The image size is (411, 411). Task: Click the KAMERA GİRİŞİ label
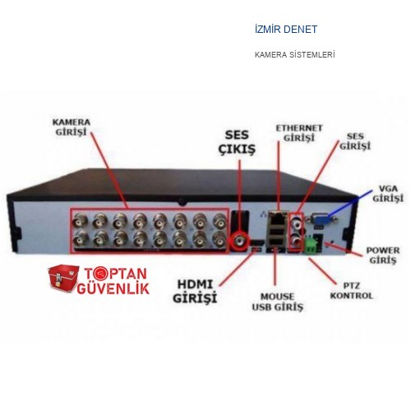[x=72, y=127]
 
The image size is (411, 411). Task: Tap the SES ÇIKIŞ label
[x=237, y=142]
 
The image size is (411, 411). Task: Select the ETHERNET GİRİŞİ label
[x=299, y=133]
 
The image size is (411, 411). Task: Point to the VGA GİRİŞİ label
[x=388, y=194]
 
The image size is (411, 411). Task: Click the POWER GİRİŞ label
[x=383, y=255]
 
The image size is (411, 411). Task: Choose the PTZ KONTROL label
[x=352, y=291]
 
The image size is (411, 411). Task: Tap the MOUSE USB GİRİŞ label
[x=278, y=302]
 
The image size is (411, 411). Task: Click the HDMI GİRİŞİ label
[x=195, y=291]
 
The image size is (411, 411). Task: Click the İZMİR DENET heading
[x=286, y=30]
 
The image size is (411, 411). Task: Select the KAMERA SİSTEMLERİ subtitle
[x=294, y=55]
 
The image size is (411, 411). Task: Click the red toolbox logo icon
[x=63, y=279]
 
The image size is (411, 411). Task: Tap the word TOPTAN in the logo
[x=115, y=274]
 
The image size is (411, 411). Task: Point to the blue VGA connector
[x=321, y=219]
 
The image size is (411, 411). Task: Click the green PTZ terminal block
[x=311, y=245]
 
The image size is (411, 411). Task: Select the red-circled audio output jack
[x=240, y=241]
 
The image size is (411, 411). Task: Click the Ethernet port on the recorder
[x=277, y=218]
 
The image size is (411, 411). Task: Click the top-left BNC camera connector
[x=81, y=220]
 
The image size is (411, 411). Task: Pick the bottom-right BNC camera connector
[x=219, y=239]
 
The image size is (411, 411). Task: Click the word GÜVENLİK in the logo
[x=113, y=289]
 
